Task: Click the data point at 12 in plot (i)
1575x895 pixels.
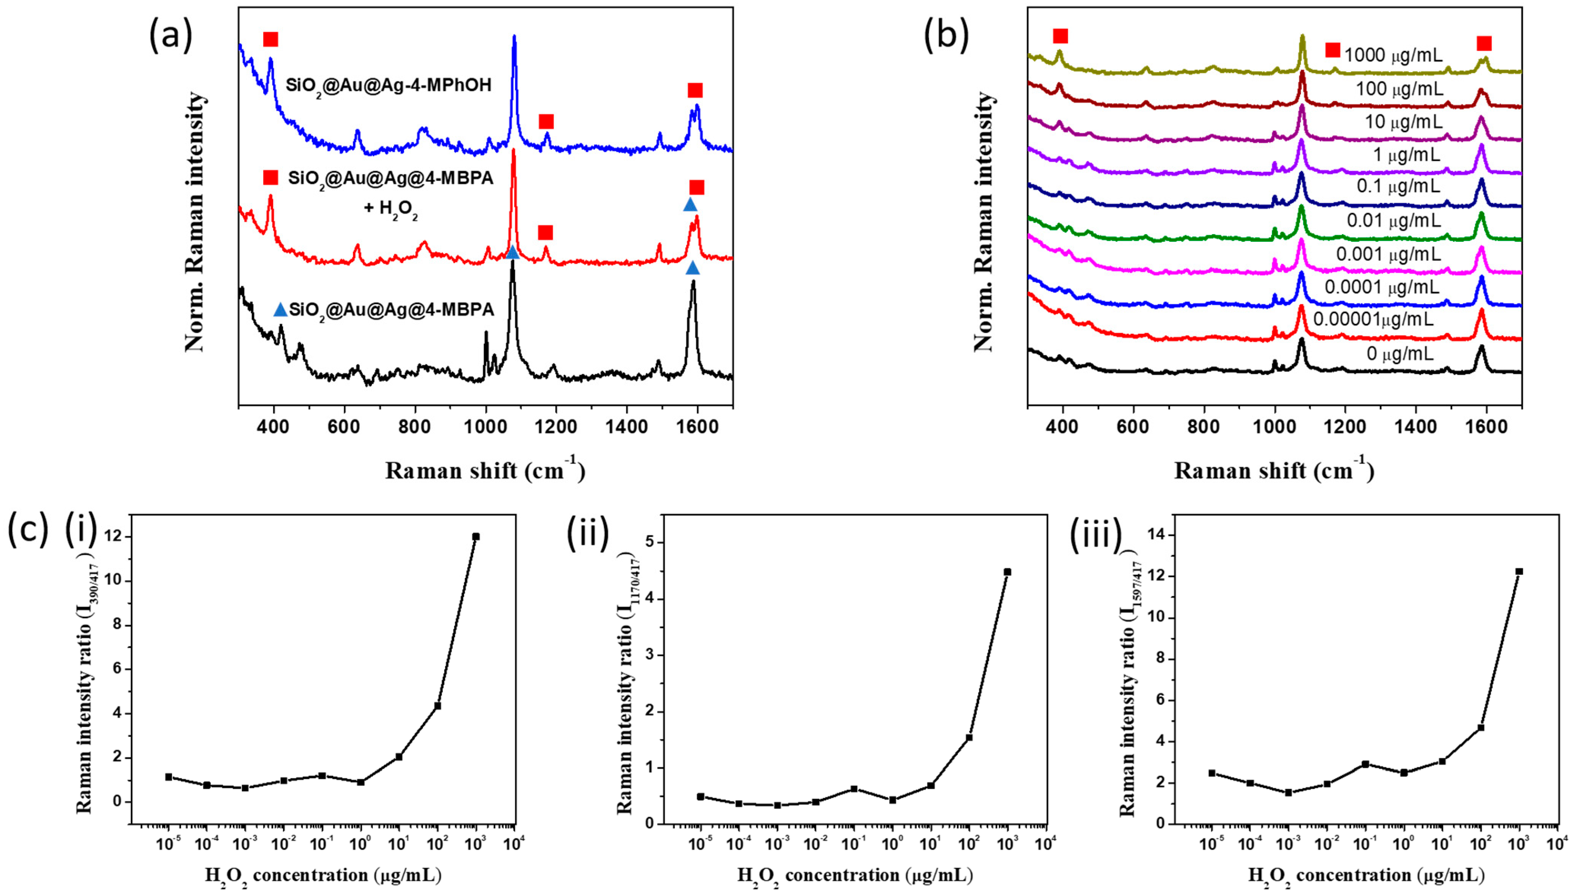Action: tap(475, 536)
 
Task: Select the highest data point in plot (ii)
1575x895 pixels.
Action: tap(1008, 572)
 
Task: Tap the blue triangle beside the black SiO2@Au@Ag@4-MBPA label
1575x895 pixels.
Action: tap(280, 310)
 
